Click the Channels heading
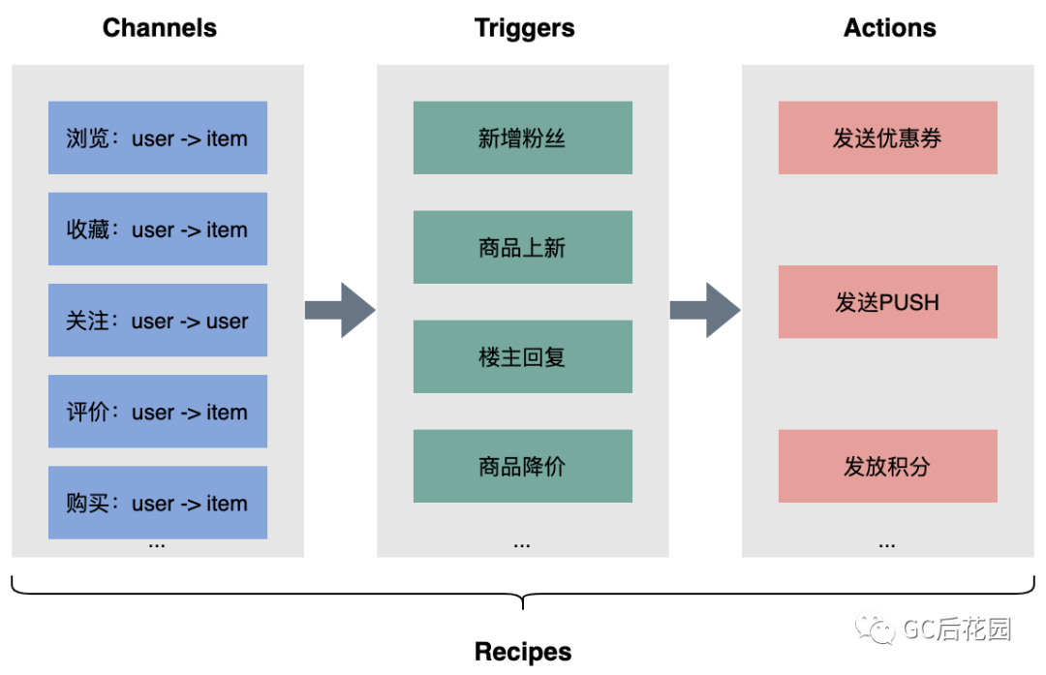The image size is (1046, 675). [x=160, y=28]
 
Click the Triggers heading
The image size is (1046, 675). [x=524, y=28]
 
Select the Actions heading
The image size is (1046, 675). [x=889, y=28]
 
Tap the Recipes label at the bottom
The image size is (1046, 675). [x=523, y=652]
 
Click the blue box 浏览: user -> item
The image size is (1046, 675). [x=158, y=138]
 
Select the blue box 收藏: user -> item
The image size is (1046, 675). [x=158, y=230]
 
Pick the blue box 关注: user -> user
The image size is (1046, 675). [x=158, y=321]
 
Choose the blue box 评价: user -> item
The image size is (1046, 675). [x=158, y=412]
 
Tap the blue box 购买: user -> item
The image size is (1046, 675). [x=158, y=503]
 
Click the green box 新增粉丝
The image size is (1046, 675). [x=523, y=138]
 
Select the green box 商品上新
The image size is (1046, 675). [x=523, y=248]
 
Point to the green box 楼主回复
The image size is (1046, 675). [x=523, y=357]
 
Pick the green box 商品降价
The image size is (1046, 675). [x=523, y=467]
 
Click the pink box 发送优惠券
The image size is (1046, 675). [x=888, y=138]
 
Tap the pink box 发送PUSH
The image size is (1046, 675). [x=888, y=302]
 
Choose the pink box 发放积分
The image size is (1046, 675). [x=888, y=467]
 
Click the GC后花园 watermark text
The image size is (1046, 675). [x=957, y=630]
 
